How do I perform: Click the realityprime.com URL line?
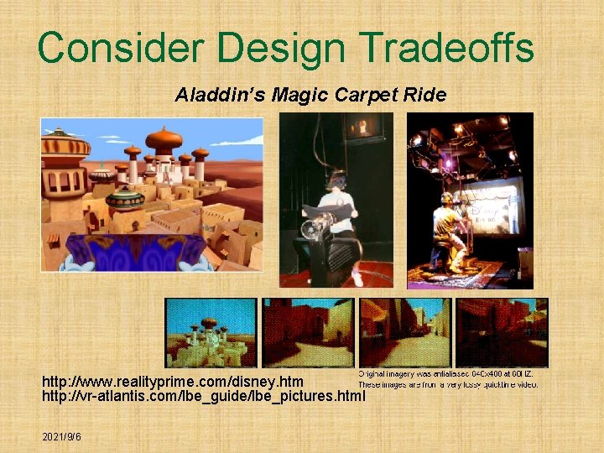coord(173,382)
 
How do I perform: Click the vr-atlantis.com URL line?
coord(204,395)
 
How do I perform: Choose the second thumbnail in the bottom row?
coord(307,332)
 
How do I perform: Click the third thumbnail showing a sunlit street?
coord(405,332)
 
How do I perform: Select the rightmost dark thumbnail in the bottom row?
coord(502,332)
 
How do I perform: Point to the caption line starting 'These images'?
coord(448,384)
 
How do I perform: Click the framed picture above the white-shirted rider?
coord(365,128)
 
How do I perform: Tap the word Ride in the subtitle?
coord(428,95)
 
